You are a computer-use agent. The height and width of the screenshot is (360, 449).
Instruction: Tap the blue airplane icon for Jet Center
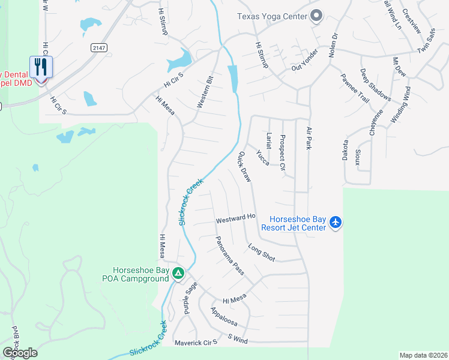pyautogui.click(x=336, y=223)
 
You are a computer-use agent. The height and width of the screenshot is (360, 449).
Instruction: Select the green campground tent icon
pyautogui.click(x=178, y=274)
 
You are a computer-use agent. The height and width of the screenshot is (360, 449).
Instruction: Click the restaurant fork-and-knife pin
pyautogui.click(x=41, y=67)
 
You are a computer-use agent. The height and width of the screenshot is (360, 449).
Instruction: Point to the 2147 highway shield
pyautogui.click(x=99, y=47)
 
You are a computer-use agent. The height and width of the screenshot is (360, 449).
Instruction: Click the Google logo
pyautogui.click(x=20, y=353)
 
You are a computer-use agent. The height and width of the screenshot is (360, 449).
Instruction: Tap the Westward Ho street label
pyautogui.click(x=236, y=219)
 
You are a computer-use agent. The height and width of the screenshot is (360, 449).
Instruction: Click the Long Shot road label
pyautogui.click(x=261, y=253)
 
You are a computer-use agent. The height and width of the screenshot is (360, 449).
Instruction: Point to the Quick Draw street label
pyautogui.click(x=244, y=166)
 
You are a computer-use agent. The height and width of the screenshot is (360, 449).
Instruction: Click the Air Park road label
pyautogui.click(x=310, y=139)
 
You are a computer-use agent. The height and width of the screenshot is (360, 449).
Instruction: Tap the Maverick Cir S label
pyautogui.click(x=195, y=343)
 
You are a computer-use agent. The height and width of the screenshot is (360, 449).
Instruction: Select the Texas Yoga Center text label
pyautogui.click(x=271, y=17)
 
